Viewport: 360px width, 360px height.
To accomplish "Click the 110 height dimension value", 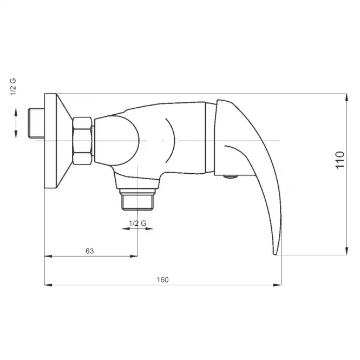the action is (340, 160).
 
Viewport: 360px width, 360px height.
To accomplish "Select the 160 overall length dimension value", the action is (162, 280).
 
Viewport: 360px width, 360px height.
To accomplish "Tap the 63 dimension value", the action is (89, 251).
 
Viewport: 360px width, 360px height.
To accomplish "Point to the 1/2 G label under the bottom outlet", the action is (138, 223).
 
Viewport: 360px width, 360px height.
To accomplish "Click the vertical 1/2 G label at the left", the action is (13, 87).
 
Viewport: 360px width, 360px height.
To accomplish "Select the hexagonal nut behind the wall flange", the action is (82, 141).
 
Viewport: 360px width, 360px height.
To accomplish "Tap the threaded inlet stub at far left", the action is (36, 123).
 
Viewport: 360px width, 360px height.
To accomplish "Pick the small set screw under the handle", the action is (230, 176).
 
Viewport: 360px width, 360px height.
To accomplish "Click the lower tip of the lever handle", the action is (274, 254).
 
